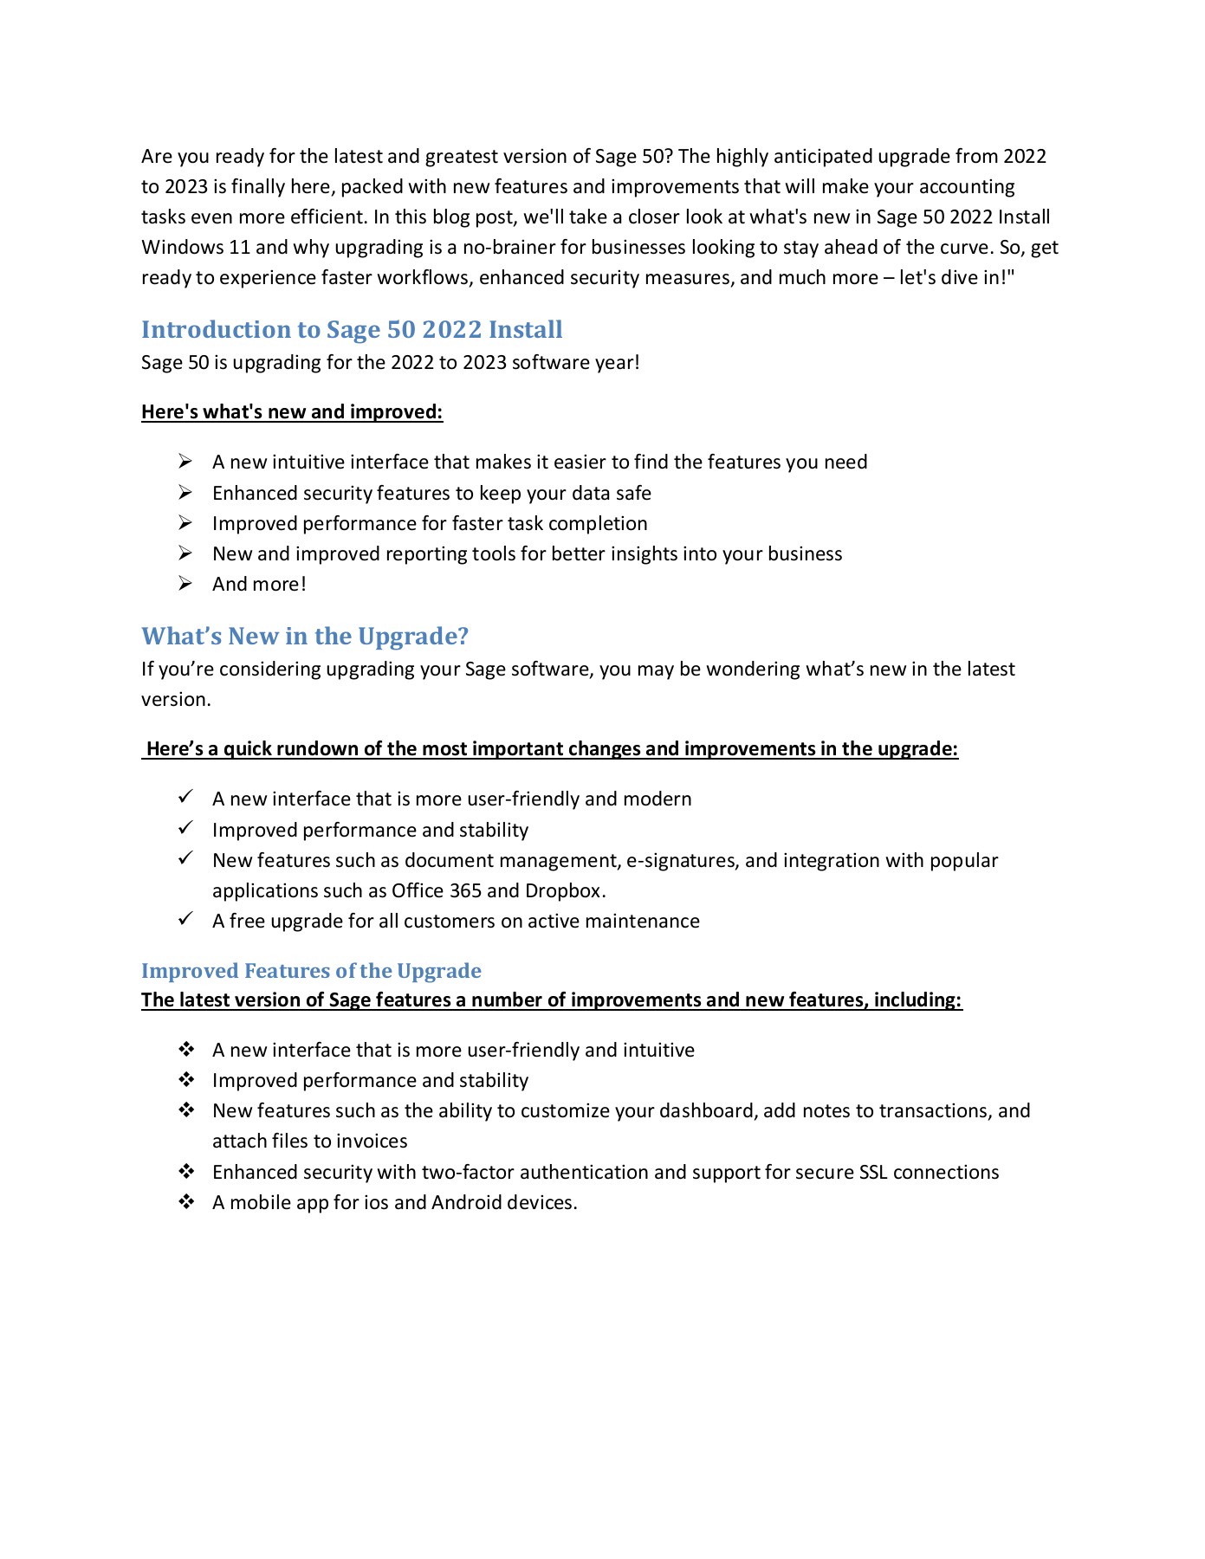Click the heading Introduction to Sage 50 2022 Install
352,330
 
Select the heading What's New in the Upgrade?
305,637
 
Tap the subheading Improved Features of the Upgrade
311,971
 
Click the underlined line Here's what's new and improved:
292,412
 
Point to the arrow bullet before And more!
185,584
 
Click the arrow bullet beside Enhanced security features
185,493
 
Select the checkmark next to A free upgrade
185,920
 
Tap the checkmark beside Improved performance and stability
185,829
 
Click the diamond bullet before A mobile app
186,1202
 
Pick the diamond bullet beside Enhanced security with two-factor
186,1172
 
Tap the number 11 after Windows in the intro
239,248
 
